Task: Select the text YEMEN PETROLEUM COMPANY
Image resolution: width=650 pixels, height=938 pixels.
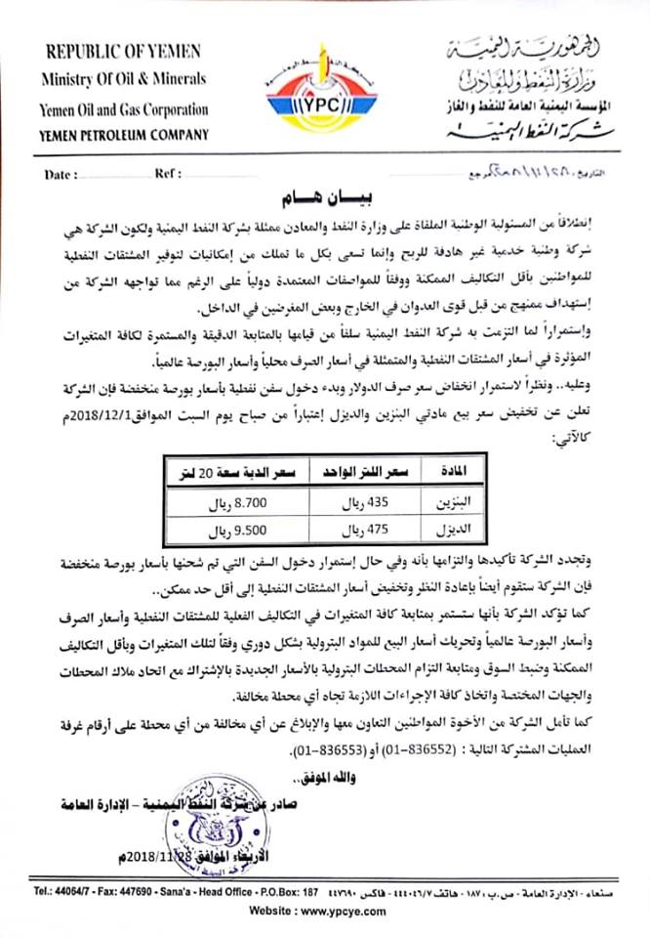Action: point(125,135)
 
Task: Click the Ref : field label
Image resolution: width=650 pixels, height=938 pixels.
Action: point(168,175)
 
